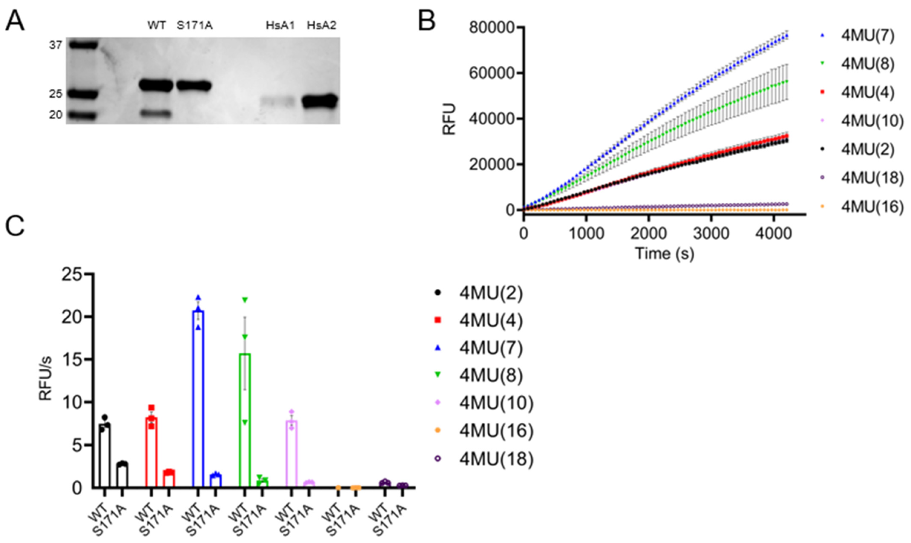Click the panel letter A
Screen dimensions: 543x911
(x=15, y=21)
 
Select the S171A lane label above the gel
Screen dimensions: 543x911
(x=194, y=26)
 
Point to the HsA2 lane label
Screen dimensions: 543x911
(x=321, y=26)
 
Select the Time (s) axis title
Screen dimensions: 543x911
(x=664, y=253)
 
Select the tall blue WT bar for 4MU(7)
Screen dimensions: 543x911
(x=198, y=399)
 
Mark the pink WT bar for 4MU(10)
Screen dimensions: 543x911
(x=291, y=454)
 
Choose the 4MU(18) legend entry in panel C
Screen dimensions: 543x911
(x=496, y=458)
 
